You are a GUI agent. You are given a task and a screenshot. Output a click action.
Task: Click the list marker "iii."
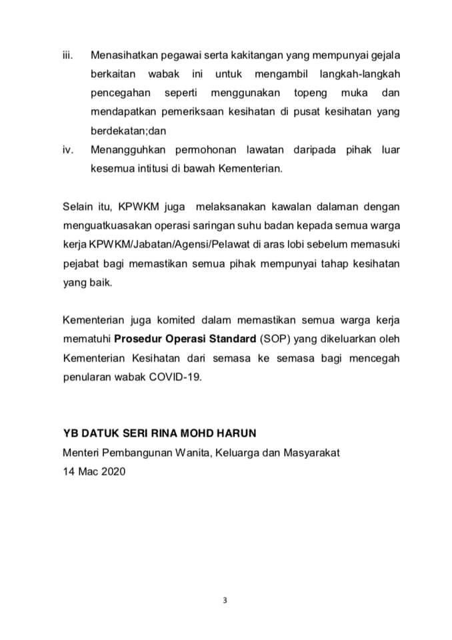click(x=67, y=54)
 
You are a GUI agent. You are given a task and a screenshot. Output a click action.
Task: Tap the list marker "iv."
click(x=67, y=150)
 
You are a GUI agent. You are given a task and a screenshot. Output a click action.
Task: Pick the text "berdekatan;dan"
click(x=125, y=131)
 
